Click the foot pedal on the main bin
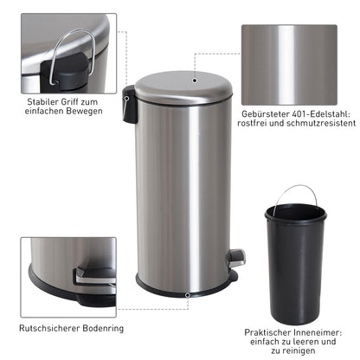point(235,257)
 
